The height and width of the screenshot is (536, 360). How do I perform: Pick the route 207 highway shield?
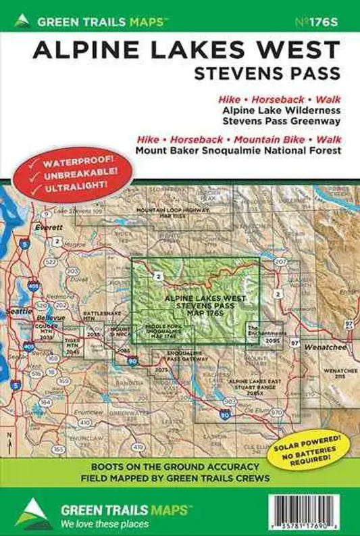(x=282, y=262)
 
